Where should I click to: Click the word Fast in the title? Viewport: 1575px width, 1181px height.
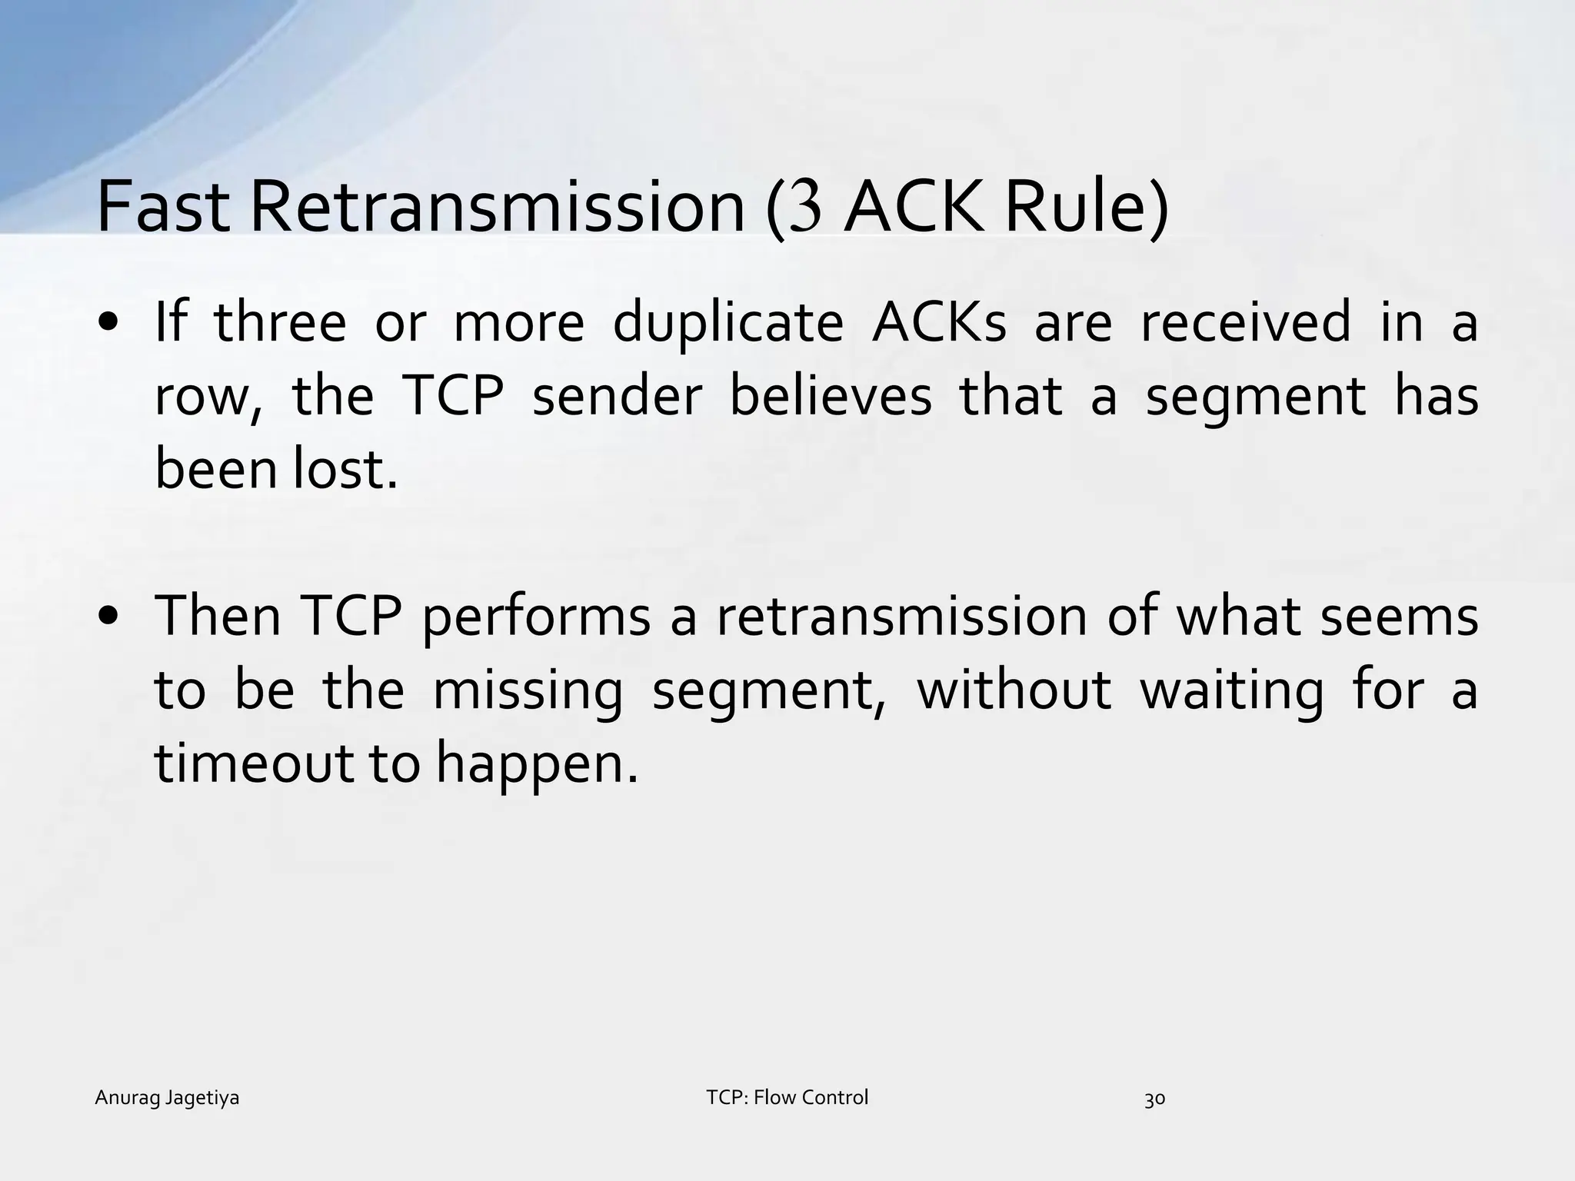(x=163, y=208)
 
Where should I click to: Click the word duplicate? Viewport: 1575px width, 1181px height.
(x=728, y=323)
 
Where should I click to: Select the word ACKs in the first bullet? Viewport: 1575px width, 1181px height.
(x=939, y=323)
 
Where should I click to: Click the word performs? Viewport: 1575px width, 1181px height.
(x=536, y=617)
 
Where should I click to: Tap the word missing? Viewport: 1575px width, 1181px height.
(x=528, y=690)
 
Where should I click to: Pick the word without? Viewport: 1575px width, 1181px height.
(x=1014, y=690)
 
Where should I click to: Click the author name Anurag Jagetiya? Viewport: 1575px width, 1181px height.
(x=167, y=1098)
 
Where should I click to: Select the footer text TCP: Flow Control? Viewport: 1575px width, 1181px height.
(x=787, y=1097)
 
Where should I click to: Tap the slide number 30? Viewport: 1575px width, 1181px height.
(x=1154, y=1099)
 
